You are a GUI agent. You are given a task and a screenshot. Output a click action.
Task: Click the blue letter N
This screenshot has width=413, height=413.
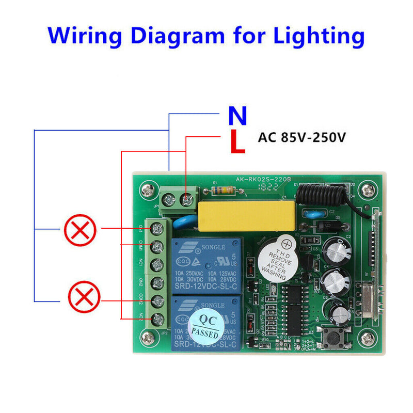(x=237, y=116)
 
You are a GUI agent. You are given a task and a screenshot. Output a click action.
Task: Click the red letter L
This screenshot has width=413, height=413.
(x=237, y=142)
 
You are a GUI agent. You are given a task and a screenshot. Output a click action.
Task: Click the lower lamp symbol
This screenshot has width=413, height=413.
(x=84, y=297)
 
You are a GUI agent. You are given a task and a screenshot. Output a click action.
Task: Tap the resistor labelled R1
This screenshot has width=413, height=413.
(x=226, y=190)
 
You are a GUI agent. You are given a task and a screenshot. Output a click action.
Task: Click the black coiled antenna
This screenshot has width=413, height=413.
(x=320, y=191)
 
